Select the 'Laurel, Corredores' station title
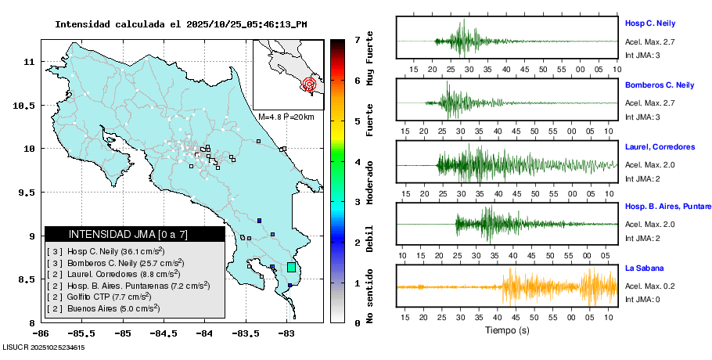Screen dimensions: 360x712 point(660,146)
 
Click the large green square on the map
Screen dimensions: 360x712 point(291,267)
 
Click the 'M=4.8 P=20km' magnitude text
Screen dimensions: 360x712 point(286,117)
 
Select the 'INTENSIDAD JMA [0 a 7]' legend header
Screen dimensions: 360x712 point(135,234)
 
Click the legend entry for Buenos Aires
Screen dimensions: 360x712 point(104,308)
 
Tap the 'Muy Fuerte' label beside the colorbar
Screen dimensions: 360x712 point(370,56)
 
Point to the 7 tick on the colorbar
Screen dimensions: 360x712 point(357,39)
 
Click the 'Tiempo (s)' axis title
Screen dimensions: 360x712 point(507,330)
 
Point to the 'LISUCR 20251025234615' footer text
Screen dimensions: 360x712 point(44,347)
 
